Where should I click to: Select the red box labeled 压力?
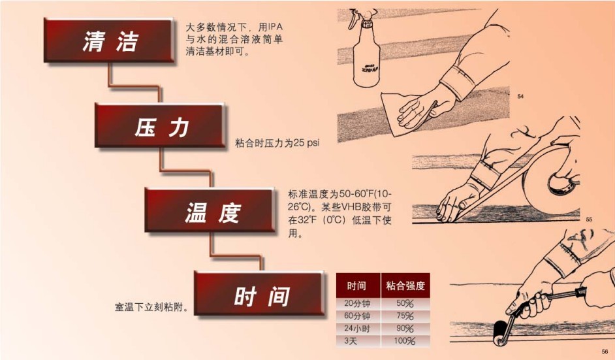161,126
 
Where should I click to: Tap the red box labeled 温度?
210,210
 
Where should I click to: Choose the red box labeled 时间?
260,295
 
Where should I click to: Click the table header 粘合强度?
405,286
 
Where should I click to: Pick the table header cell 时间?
357,286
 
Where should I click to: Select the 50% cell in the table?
405,303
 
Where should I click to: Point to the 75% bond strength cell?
405,316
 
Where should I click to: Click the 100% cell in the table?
405,340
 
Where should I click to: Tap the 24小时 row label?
357,328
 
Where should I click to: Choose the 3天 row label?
357,340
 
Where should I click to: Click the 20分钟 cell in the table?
357,303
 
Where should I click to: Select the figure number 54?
520,97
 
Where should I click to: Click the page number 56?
605,351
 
